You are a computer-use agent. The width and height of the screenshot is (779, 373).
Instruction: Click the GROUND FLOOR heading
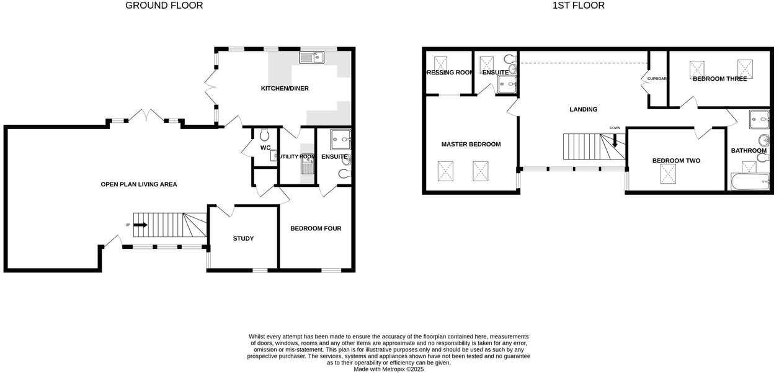click(x=164, y=6)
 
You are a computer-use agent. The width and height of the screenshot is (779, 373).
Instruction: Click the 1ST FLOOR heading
click(x=578, y=6)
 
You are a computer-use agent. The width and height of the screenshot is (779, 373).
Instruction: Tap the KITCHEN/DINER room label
click(x=285, y=89)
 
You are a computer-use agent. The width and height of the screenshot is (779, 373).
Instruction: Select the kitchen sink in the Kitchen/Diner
click(x=311, y=58)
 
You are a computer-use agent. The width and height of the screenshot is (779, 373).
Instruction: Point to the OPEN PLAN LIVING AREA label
click(x=139, y=184)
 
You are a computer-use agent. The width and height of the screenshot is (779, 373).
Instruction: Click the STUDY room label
click(x=243, y=238)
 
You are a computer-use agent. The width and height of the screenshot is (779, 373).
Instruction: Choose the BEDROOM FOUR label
click(x=316, y=228)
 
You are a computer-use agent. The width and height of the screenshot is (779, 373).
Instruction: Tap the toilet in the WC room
click(x=265, y=135)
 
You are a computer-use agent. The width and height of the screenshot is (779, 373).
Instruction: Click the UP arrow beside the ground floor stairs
click(x=140, y=225)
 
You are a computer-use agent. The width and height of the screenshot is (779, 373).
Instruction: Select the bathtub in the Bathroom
click(x=749, y=182)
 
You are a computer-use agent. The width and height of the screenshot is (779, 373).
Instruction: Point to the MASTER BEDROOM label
click(x=471, y=144)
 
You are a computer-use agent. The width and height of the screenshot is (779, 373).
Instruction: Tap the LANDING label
click(x=583, y=109)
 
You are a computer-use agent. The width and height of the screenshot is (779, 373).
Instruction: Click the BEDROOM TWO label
click(x=676, y=161)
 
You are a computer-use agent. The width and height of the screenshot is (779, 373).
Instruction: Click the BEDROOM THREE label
click(x=719, y=79)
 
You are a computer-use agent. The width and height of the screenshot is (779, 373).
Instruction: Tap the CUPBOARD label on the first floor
click(x=657, y=79)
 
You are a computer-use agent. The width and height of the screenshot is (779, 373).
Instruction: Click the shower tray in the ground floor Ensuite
click(x=340, y=139)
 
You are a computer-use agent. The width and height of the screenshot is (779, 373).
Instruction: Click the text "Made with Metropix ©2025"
click(x=389, y=369)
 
